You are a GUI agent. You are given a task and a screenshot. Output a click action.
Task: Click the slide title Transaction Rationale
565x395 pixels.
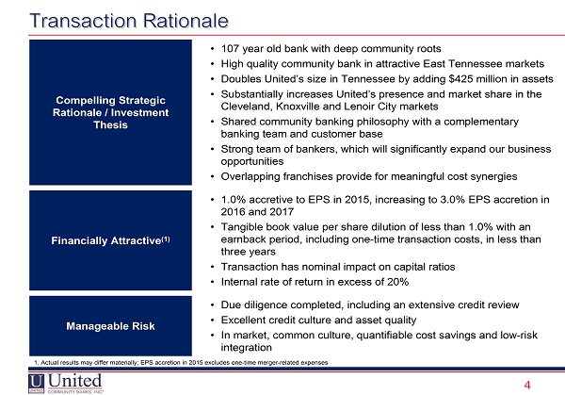point(129,21)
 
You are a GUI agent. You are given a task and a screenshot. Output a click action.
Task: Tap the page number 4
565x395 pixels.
point(527,386)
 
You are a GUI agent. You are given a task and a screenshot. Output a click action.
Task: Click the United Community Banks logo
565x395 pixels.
point(66,383)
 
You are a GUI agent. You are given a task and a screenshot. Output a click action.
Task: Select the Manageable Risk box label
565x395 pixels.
point(110,326)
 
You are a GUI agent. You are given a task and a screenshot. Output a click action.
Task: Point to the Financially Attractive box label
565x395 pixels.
point(110,240)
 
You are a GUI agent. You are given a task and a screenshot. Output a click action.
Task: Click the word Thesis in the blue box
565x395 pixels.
point(110,124)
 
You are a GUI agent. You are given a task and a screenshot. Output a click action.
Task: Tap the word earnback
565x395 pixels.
point(244,239)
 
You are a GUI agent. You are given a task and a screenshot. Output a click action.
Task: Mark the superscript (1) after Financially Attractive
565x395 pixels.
point(166,239)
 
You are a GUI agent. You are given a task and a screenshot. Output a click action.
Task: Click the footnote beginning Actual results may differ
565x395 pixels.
point(181,363)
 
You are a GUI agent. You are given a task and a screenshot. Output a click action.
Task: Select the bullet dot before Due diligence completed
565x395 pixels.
point(213,305)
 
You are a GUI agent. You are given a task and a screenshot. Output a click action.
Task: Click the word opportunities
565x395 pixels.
point(252,161)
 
